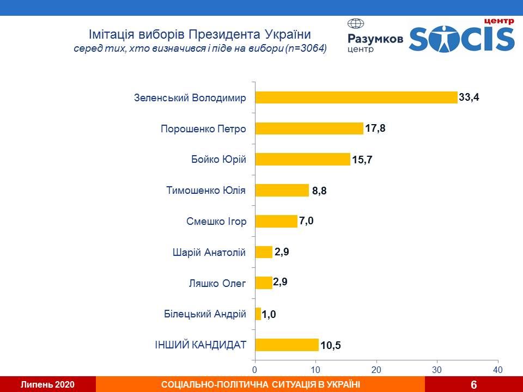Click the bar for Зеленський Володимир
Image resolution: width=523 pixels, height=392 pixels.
[x=356, y=97]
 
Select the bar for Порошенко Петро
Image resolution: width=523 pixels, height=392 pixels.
[x=309, y=128]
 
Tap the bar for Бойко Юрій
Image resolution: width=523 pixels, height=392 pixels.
[x=302, y=159]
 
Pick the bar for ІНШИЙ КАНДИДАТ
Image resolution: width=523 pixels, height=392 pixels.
[x=287, y=345]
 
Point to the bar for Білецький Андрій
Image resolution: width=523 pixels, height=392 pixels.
[x=258, y=314]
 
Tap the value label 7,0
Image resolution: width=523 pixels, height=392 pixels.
[x=307, y=221]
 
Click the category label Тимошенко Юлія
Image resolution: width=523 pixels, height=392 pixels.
[x=206, y=191]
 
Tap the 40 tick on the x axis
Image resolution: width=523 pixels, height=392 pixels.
[x=497, y=370]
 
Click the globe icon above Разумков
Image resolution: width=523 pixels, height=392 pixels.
[x=356, y=24]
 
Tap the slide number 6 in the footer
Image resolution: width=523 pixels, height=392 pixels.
[x=473, y=385]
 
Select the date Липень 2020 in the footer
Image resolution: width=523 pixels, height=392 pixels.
[x=47, y=385]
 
